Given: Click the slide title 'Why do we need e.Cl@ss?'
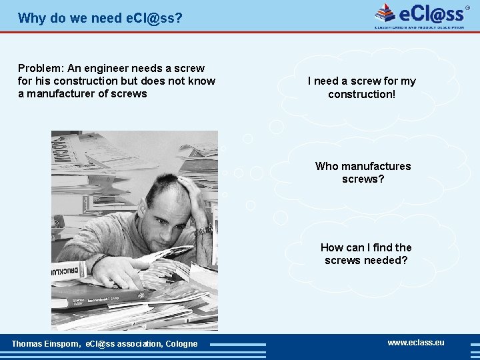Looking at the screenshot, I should pyautogui.click(x=100, y=18).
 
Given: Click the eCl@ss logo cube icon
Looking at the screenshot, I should pyautogui.click(x=385, y=13).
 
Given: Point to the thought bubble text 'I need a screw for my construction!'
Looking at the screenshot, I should pyautogui.click(x=361, y=87).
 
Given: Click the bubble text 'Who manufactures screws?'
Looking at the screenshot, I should pyautogui.click(x=363, y=173).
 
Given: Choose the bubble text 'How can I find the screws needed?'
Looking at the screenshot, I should pyautogui.click(x=366, y=254).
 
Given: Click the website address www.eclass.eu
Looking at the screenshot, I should pyautogui.click(x=416, y=343).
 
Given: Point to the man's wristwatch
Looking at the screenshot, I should pyautogui.click(x=203, y=230).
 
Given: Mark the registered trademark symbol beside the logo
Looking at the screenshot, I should pyautogui.click(x=468, y=7).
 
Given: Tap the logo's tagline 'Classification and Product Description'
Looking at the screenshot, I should pyautogui.click(x=419, y=27).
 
